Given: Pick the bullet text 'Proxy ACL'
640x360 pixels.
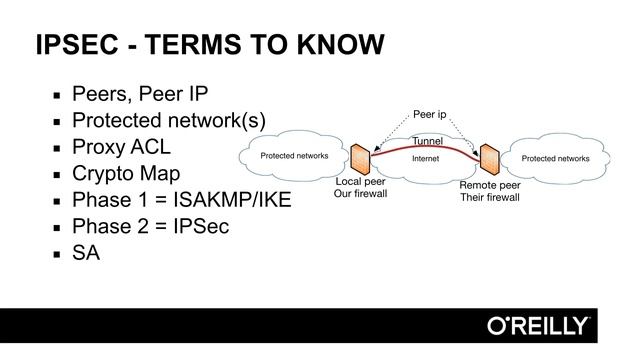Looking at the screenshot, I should click(121, 147).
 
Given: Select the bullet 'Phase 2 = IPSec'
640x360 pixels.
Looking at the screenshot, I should click(150, 226).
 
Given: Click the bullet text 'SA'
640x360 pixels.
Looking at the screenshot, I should click(86, 253).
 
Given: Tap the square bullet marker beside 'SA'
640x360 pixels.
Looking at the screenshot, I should click(58, 254).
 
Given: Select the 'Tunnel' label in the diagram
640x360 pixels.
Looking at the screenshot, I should click(427, 142).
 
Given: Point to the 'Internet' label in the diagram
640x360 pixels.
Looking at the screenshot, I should click(426, 158).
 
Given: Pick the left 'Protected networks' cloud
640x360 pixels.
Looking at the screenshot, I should click(294, 157).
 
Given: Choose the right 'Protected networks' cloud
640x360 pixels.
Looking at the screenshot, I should click(555, 158).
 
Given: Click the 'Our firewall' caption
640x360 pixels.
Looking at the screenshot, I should click(361, 194).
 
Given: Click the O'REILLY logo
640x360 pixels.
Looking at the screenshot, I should click(537, 326).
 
